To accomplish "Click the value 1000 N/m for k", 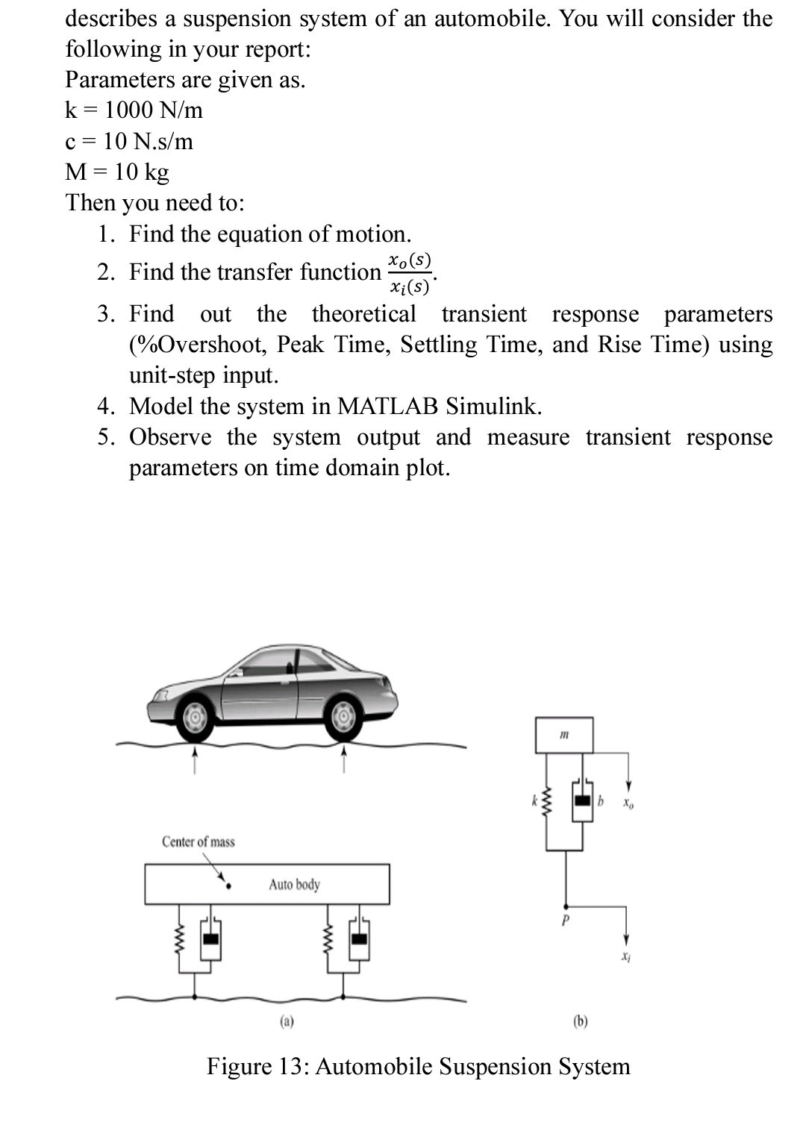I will point(154,110).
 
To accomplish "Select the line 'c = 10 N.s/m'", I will point(129,141).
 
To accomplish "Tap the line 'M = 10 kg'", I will point(117,172).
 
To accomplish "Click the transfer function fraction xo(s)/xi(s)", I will point(409,273).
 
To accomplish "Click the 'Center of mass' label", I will point(198,841).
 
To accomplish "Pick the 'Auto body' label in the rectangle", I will point(294,884).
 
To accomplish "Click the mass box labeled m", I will point(564,735).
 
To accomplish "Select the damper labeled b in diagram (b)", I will point(582,801).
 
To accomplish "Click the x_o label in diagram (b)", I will point(629,804).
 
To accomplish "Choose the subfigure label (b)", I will point(581,1021).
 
